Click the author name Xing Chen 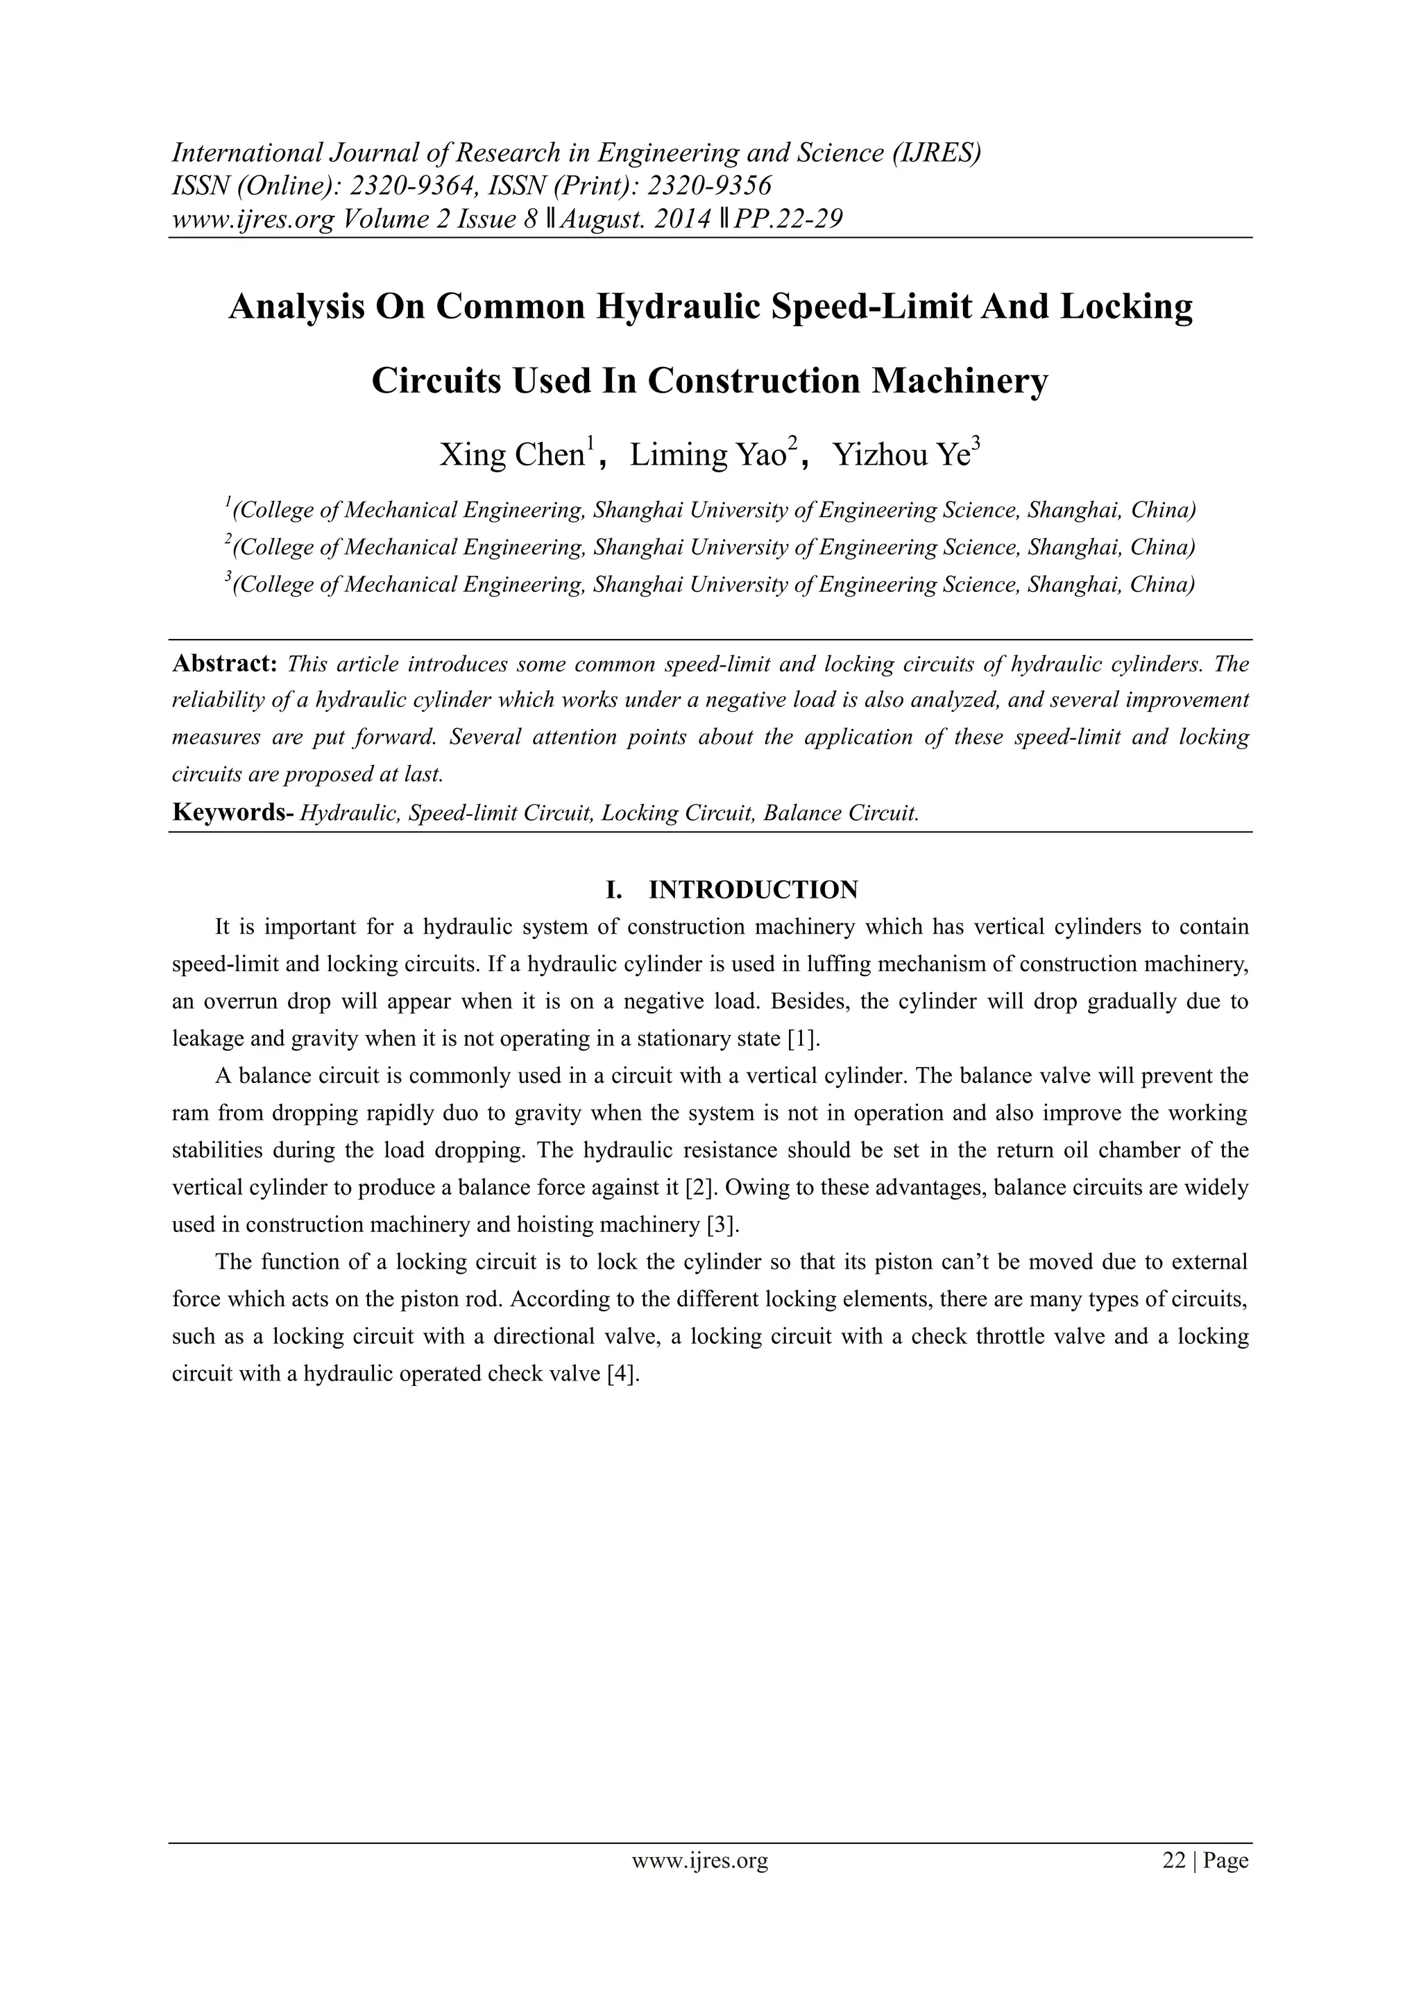pos(511,455)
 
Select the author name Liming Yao pos(708,455)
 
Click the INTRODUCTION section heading pos(753,890)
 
